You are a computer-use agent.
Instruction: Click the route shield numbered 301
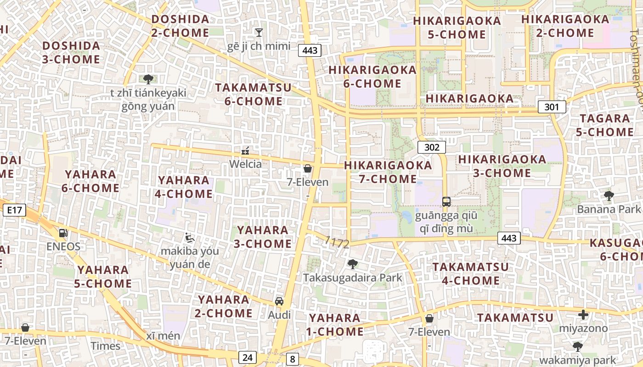(552, 107)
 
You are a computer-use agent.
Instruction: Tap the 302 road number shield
(432, 147)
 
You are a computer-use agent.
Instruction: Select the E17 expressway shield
(14, 211)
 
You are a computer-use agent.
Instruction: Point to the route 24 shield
(247, 357)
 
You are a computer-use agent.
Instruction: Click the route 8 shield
(292, 359)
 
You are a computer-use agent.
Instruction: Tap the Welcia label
(246, 164)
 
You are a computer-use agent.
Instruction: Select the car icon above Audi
(279, 301)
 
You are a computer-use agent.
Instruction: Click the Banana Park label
(609, 209)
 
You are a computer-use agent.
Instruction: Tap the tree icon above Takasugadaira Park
(352, 264)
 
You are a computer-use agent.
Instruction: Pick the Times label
(105, 346)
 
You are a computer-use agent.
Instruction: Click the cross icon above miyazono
(583, 315)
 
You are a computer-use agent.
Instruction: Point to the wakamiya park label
(577, 360)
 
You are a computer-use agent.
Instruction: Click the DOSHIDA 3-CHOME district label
(71, 52)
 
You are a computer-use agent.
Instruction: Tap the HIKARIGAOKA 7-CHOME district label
(388, 172)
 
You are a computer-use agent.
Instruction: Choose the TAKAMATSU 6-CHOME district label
(254, 94)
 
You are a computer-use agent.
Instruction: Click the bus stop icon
(446, 201)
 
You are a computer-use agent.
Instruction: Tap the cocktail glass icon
(259, 32)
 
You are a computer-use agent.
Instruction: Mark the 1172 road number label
(337, 242)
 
